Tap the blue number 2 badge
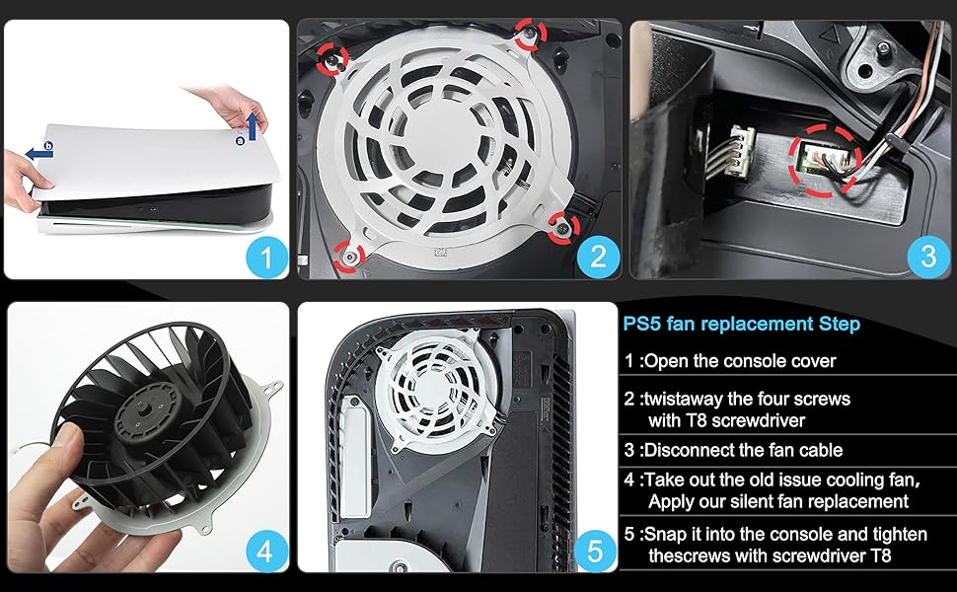pyautogui.click(x=597, y=259)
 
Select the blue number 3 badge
pyautogui.click(x=926, y=257)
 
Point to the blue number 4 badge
pyautogui.click(x=263, y=550)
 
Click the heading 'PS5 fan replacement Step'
pyautogui.click(x=741, y=324)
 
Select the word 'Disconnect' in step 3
pyautogui.click(x=688, y=450)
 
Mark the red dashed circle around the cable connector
pyautogui.click(x=824, y=156)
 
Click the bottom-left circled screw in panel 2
pyautogui.click(x=348, y=255)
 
